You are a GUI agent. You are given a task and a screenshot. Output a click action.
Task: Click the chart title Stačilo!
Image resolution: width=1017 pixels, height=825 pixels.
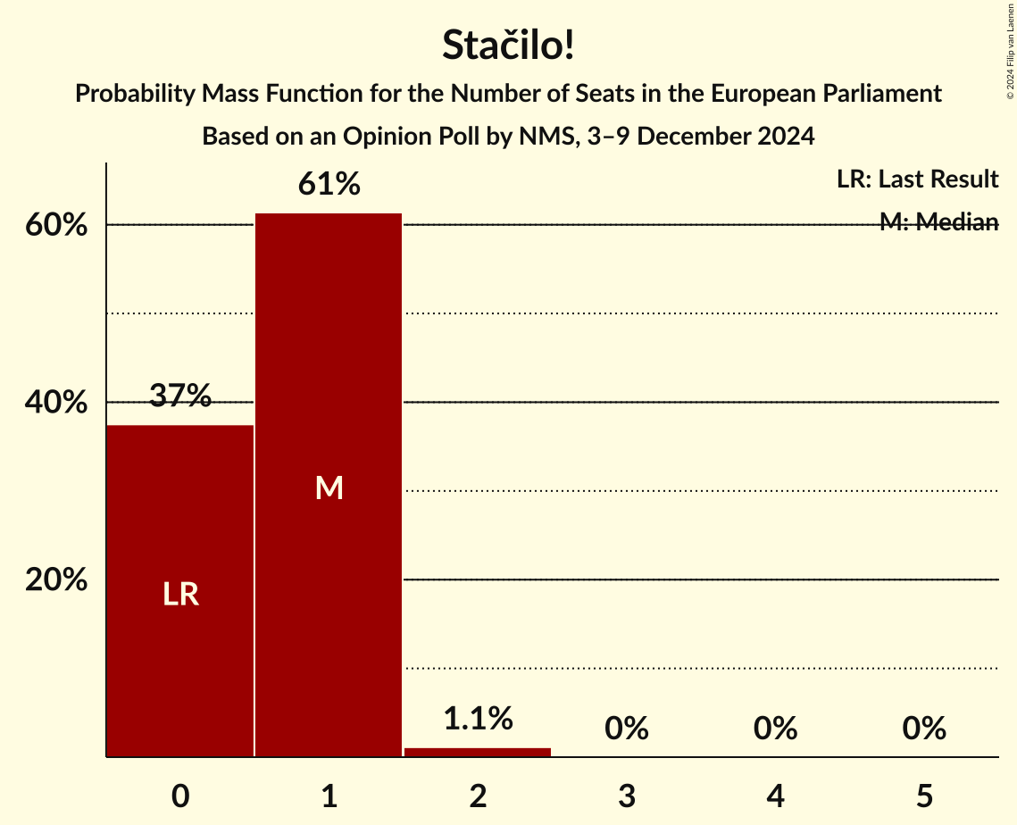(x=508, y=46)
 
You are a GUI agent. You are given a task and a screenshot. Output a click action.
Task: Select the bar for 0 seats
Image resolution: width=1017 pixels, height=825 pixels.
(x=180, y=590)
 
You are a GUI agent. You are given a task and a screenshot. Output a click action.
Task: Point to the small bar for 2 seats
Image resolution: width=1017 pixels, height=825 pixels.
(x=478, y=752)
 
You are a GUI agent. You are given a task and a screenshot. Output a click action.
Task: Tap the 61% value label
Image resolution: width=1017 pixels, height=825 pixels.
(x=329, y=185)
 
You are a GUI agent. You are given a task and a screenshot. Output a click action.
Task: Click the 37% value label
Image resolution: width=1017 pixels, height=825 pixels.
(x=180, y=396)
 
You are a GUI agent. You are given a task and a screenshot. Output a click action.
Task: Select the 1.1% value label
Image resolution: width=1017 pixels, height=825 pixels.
(x=478, y=718)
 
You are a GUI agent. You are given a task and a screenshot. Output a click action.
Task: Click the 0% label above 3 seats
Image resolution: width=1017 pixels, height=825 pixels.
(x=626, y=729)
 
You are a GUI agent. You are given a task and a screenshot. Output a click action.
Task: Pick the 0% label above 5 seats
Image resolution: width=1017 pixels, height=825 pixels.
(x=923, y=729)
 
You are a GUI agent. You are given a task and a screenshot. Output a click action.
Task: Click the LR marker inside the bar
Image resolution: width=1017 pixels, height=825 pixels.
(x=180, y=595)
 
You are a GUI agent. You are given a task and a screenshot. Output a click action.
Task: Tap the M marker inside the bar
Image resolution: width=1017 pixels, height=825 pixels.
(x=329, y=487)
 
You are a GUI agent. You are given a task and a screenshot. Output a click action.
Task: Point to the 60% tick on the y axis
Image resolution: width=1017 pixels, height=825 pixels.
(x=56, y=225)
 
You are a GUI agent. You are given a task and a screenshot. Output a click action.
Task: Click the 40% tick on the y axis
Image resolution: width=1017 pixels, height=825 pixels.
(x=56, y=403)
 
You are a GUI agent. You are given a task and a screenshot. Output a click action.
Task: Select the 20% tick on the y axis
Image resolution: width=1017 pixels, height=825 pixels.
(x=56, y=580)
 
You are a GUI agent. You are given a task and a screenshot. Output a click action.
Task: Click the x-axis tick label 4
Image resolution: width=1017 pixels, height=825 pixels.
(x=775, y=796)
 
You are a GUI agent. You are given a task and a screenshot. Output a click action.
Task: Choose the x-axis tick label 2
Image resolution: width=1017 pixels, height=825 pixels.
(x=478, y=796)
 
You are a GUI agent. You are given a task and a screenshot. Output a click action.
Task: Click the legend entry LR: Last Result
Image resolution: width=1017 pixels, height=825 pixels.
(x=917, y=179)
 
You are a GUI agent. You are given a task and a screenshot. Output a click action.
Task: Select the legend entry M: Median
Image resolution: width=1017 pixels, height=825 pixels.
(x=938, y=222)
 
